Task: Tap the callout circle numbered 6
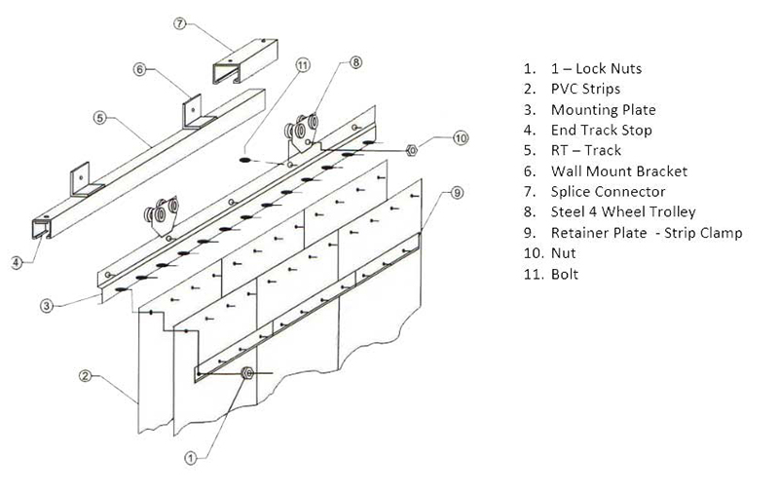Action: pos(139,69)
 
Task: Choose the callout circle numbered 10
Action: pos(460,139)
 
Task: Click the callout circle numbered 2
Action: pos(87,375)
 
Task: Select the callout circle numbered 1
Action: pos(192,455)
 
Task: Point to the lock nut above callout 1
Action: pos(247,372)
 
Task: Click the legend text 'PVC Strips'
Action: pos(586,90)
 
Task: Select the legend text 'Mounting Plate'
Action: pos(603,110)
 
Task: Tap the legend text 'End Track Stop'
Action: pos(601,131)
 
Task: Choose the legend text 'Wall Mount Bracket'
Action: pos(618,171)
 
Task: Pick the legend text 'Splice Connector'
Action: pos(608,192)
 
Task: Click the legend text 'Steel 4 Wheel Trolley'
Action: pos(623,212)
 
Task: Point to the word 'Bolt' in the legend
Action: pos(565,275)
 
